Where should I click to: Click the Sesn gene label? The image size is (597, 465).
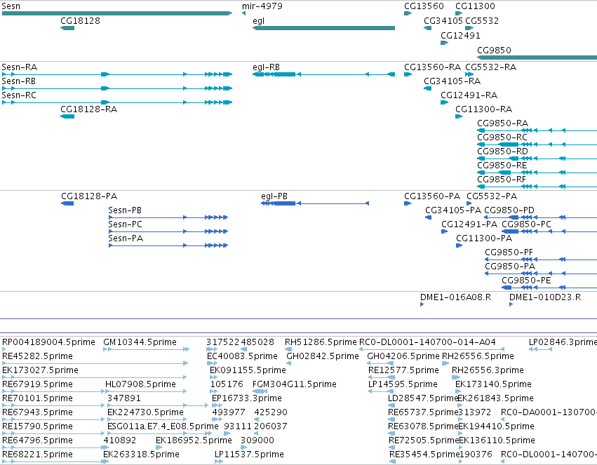(11, 6)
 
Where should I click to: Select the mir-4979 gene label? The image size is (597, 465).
(262, 6)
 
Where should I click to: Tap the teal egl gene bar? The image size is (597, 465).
(323, 28)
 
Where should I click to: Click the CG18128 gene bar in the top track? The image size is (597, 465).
(67, 28)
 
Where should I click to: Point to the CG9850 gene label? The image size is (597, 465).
(494, 50)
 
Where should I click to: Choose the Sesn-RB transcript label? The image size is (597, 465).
(19, 81)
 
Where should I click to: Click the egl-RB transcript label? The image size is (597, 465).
(266, 67)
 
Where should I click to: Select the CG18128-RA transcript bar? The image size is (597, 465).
(67, 116)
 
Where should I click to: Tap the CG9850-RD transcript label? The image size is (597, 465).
(502, 151)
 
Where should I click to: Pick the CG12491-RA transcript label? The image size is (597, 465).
(469, 95)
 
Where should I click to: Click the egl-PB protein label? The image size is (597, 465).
(274, 196)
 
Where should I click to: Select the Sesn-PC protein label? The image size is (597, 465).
(126, 224)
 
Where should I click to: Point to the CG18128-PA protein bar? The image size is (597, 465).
(67, 203)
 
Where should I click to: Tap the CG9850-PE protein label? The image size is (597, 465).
(526, 280)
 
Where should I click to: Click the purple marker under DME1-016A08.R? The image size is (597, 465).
(422, 304)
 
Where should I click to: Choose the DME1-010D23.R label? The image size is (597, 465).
(545, 297)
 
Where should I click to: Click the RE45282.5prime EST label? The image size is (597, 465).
(37, 356)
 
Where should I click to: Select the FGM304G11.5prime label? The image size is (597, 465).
(295, 384)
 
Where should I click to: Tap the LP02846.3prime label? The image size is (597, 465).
(563, 342)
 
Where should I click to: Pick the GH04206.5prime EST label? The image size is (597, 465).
(403, 356)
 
